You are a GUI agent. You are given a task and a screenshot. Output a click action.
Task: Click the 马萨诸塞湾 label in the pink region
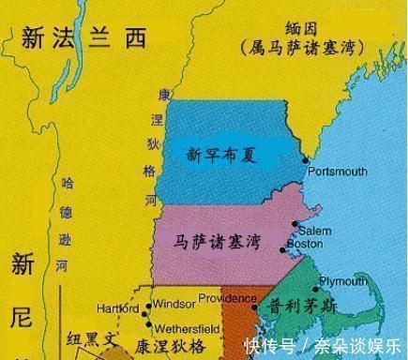[217, 241]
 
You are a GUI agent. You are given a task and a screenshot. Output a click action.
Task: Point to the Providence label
[222, 299]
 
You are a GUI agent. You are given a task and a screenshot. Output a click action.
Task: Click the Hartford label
[117, 308]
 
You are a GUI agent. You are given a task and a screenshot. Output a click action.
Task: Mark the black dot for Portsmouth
[305, 160]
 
